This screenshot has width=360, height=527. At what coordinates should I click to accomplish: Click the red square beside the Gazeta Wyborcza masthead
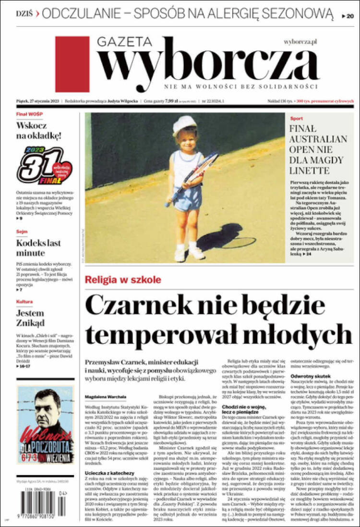(72, 64)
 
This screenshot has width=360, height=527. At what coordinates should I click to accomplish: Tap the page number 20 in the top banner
(348, 16)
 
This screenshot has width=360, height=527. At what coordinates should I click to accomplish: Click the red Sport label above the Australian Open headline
(297, 118)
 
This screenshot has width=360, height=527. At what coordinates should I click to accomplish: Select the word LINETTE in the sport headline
(309, 171)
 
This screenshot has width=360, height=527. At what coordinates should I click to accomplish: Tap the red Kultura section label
(24, 302)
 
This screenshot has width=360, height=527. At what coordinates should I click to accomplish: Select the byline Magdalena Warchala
(106, 396)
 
